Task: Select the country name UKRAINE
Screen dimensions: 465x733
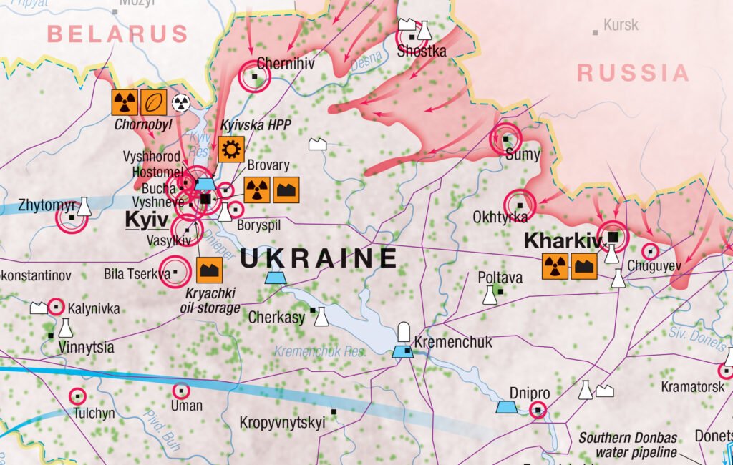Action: pyautogui.click(x=319, y=258)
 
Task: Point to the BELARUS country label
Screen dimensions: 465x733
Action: pyautogui.click(x=118, y=34)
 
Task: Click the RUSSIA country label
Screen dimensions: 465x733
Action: pyautogui.click(x=634, y=73)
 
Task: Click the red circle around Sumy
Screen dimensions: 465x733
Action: pyautogui.click(x=506, y=139)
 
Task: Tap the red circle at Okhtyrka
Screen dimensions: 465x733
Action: pyautogui.click(x=520, y=205)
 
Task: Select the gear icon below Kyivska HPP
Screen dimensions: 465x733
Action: pyautogui.click(x=231, y=150)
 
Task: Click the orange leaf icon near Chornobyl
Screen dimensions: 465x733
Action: pyautogui.click(x=154, y=102)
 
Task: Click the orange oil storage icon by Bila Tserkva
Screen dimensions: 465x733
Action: pyautogui.click(x=209, y=270)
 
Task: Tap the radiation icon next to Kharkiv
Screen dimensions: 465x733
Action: pyautogui.click(x=555, y=266)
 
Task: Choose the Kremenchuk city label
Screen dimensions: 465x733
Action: pyautogui.click(x=453, y=343)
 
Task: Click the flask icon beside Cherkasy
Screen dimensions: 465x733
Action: pyautogui.click(x=322, y=317)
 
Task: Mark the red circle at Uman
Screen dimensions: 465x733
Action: pyautogui.click(x=181, y=391)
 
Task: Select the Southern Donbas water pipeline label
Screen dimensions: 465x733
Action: pyautogui.click(x=628, y=445)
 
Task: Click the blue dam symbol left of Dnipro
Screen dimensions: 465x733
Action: pyautogui.click(x=507, y=407)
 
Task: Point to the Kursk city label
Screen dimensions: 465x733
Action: pyautogui.click(x=621, y=26)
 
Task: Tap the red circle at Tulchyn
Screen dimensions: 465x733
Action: pyautogui.click(x=77, y=396)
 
